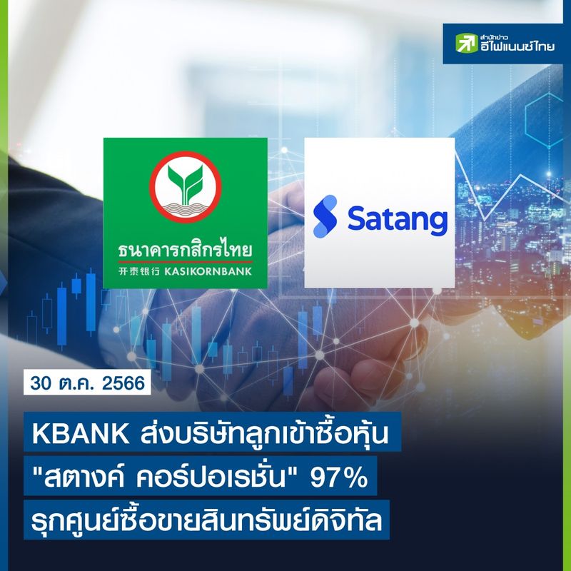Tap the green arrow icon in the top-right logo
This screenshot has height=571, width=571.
click(x=468, y=44)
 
